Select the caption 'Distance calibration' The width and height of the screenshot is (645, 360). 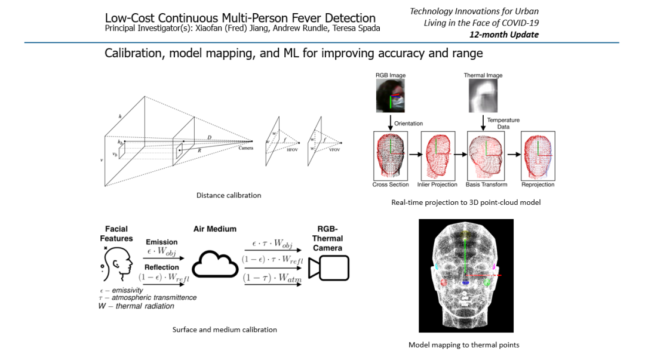click(x=228, y=195)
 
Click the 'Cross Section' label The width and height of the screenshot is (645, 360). click(x=391, y=184)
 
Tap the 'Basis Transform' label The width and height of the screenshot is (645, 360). click(x=486, y=184)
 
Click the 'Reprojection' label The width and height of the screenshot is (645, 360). click(x=537, y=184)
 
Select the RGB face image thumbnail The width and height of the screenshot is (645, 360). click(x=390, y=96)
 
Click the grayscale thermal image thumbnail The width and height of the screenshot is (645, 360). click(x=483, y=96)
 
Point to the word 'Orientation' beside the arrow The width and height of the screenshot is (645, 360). click(x=408, y=124)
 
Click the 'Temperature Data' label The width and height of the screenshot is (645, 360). click(x=503, y=124)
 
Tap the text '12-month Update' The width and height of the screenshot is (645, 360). click(x=512, y=35)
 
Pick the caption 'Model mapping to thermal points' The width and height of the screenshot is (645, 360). click(x=464, y=345)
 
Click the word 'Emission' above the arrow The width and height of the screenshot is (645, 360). click(x=161, y=242)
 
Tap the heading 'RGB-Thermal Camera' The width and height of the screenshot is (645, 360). click(x=327, y=238)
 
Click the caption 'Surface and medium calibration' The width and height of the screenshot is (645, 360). click(x=225, y=330)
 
